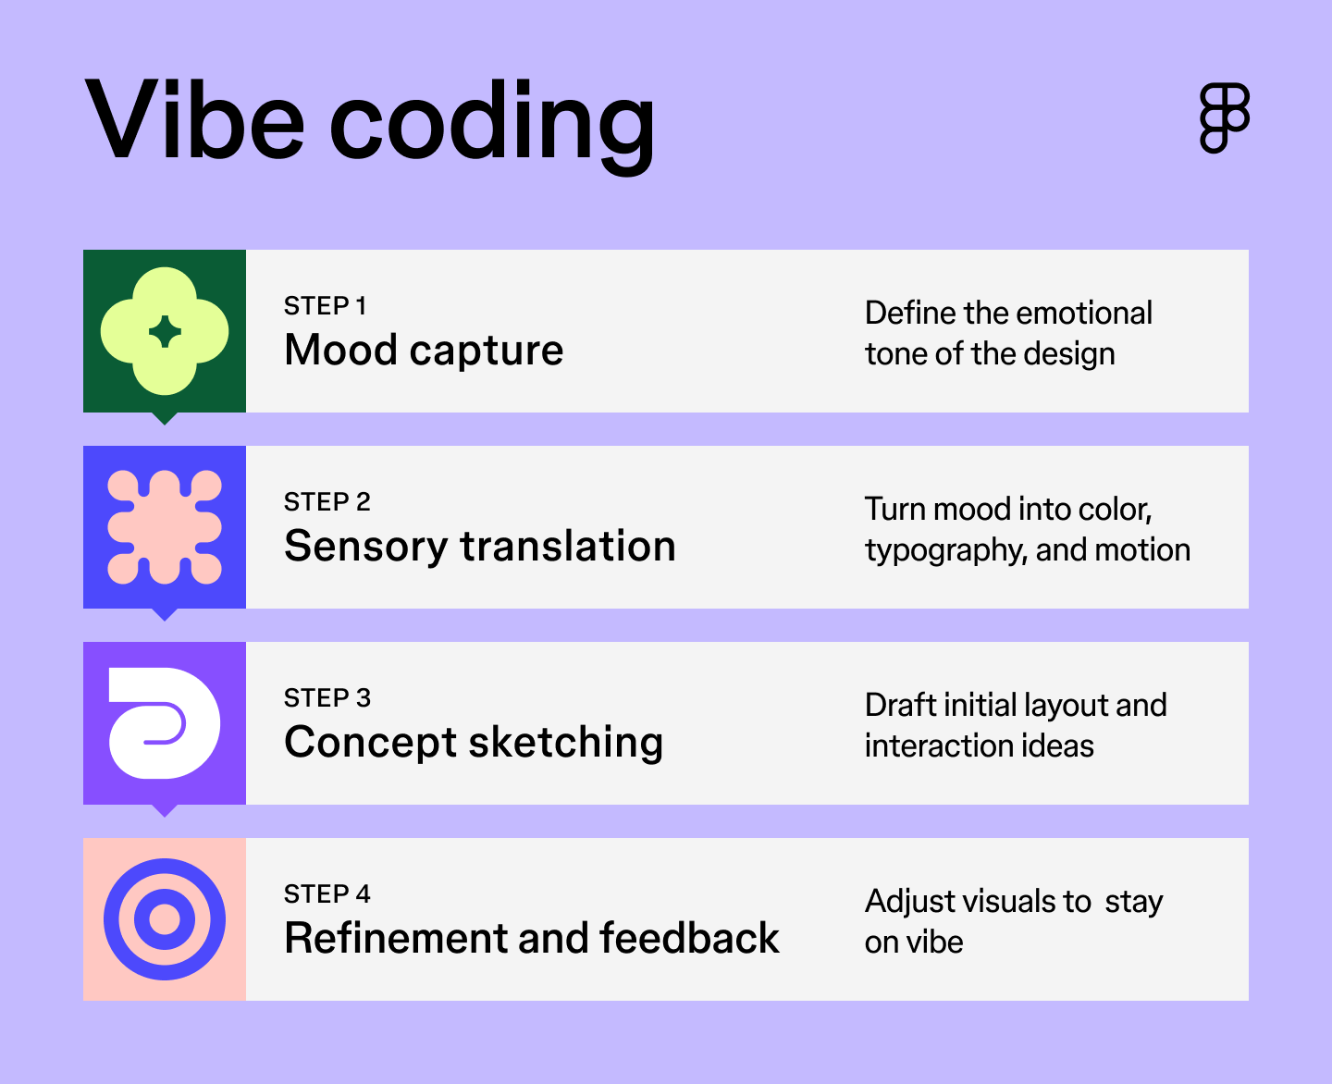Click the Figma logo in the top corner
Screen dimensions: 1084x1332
(x=1225, y=117)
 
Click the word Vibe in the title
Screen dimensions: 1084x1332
(x=194, y=120)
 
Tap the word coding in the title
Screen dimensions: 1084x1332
(x=492, y=125)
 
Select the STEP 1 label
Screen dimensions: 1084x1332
(x=325, y=306)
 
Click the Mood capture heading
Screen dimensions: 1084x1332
(x=424, y=351)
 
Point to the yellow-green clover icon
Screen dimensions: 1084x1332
(x=165, y=330)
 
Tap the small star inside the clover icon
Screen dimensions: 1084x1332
(x=165, y=331)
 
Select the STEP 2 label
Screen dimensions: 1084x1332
(x=327, y=502)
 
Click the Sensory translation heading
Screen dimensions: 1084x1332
(x=479, y=547)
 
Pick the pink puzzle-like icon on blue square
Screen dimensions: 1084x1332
(x=165, y=527)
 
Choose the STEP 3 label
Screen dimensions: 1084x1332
(x=327, y=698)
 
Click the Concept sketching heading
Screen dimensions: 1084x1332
(x=474, y=743)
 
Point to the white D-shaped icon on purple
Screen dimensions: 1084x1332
(x=165, y=722)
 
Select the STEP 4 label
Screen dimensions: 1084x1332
(x=327, y=894)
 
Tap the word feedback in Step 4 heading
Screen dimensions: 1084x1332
(x=689, y=939)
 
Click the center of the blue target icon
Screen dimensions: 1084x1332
(x=165, y=919)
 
